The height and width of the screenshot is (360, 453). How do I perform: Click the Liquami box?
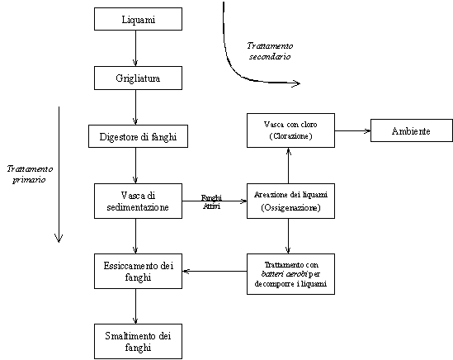click(x=138, y=19)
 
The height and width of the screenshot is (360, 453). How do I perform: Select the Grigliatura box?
click(x=138, y=78)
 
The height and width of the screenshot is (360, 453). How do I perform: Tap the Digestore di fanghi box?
click(x=138, y=136)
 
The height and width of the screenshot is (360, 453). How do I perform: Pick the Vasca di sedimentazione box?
click(x=138, y=201)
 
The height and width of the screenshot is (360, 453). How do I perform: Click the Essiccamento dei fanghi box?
click(x=138, y=271)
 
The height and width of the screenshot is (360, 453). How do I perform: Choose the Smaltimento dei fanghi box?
click(x=138, y=342)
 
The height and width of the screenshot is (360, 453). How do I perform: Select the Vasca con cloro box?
click(x=290, y=130)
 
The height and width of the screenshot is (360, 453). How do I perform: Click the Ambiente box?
click(x=412, y=130)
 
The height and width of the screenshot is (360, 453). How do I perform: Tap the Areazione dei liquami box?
click(x=290, y=201)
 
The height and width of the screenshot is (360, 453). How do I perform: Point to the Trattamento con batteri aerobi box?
click(x=290, y=274)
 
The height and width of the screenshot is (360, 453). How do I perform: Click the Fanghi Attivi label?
click(x=211, y=201)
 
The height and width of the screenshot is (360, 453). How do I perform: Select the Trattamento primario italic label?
click(x=30, y=174)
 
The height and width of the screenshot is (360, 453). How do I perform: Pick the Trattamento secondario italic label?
click(x=270, y=51)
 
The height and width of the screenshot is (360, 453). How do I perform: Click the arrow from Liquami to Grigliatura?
click(x=135, y=48)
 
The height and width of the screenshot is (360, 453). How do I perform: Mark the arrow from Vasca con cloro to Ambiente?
click(x=353, y=130)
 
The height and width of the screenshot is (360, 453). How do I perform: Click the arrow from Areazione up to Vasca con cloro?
click(x=288, y=166)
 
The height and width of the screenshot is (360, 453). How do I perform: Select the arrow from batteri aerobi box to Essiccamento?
click(x=215, y=271)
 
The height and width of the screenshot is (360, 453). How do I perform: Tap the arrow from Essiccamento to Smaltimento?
click(x=135, y=306)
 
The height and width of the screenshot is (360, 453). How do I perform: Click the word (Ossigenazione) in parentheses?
click(x=290, y=207)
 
